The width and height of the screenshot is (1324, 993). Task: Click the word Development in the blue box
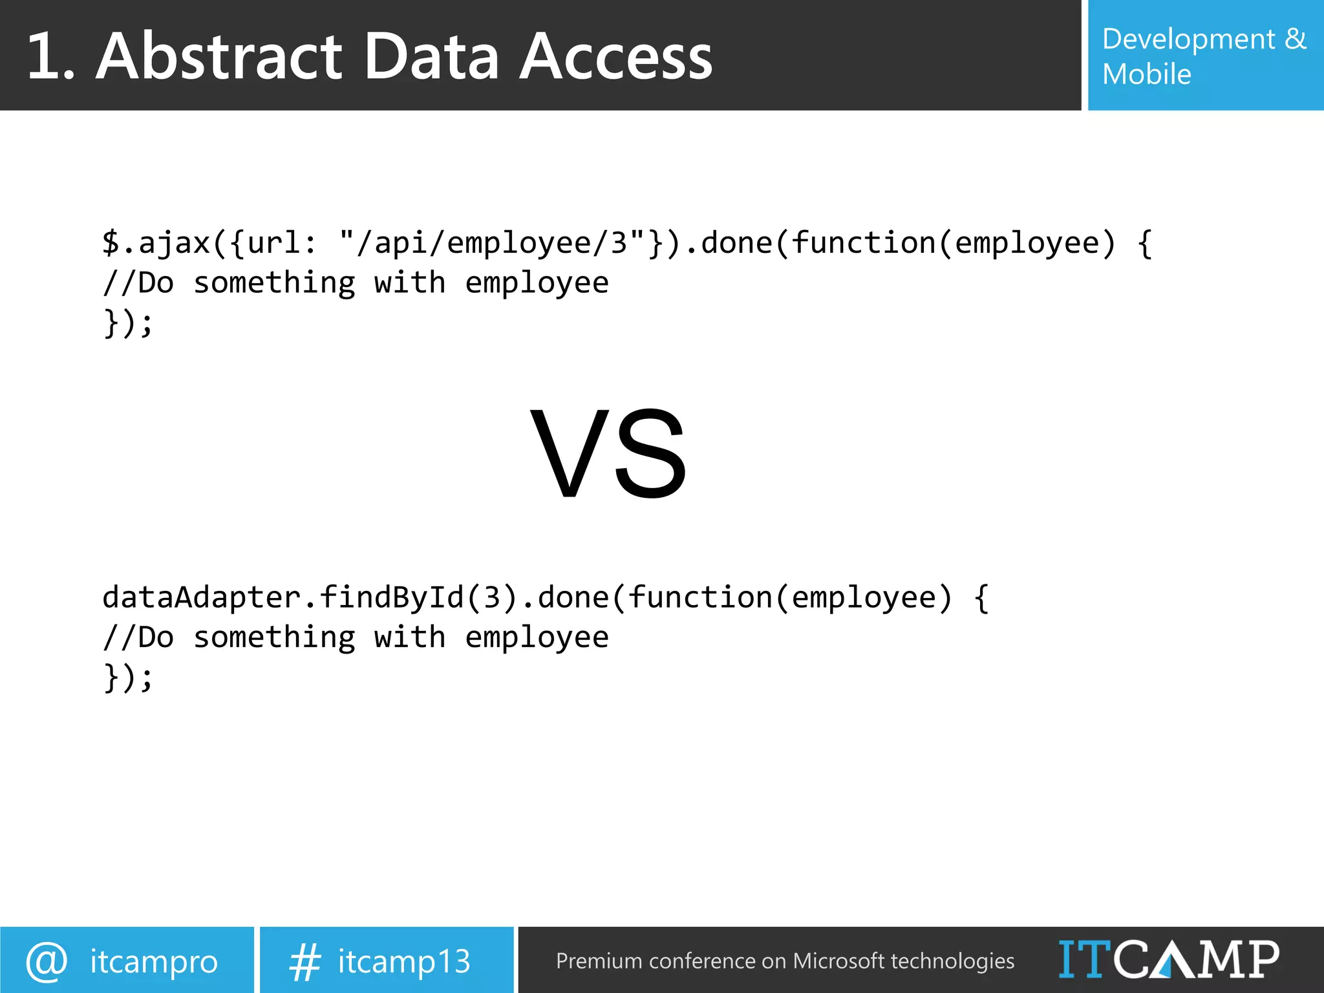pyautogui.click(x=1188, y=39)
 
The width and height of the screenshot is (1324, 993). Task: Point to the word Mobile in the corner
pyautogui.click(x=1146, y=74)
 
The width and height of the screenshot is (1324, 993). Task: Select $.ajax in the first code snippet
pyautogui.click(x=156, y=243)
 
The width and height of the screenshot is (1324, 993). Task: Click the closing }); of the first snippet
pyautogui.click(x=128, y=323)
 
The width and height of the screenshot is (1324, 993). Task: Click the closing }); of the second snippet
pyautogui.click(x=128, y=678)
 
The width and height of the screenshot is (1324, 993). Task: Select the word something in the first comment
pyautogui.click(x=274, y=283)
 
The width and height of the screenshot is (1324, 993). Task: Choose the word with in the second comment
pyautogui.click(x=410, y=637)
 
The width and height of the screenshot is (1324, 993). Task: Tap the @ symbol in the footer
pyautogui.click(x=47, y=961)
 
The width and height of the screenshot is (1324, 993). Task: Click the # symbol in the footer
pyautogui.click(x=304, y=961)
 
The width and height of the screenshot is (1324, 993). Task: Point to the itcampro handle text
pyautogui.click(x=154, y=961)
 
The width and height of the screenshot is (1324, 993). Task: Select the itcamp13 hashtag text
pyautogui.click(x=404, y=961)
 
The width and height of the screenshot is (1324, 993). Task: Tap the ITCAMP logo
pyautogui.click(x=1168, y=959)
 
